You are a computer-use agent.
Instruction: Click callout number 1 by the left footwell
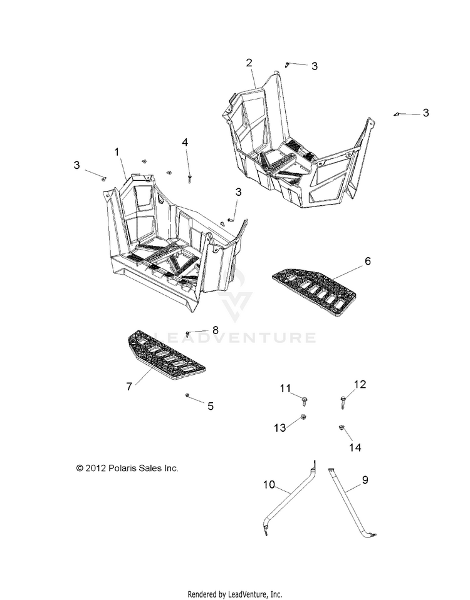click(117, 152)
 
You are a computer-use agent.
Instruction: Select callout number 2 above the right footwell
click(249, 63)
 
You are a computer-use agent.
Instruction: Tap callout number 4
click(185, 143)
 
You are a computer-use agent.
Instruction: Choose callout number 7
click(129, 387)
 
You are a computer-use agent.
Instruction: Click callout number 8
click(215, 330)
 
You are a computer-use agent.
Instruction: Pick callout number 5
click(211, 406)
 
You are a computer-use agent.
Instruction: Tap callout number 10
click(269, 484)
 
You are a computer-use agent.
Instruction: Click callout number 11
click(285, 389)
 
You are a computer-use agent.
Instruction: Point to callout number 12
click(360, 385)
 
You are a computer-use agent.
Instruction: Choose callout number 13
click(279, 428)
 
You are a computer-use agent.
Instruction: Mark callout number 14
click(355, 448)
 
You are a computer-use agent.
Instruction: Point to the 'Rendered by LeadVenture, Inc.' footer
click(235, 594)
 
